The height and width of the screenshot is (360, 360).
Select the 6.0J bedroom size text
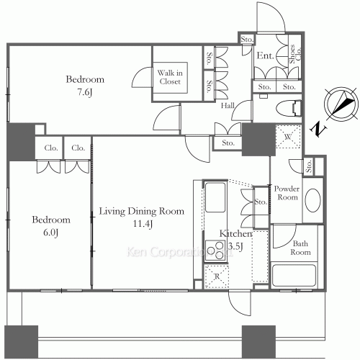(50, 232)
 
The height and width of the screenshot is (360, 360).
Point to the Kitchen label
(235, 235)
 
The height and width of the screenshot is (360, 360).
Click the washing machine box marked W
(287, 137)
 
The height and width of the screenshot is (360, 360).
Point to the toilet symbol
(290, 109)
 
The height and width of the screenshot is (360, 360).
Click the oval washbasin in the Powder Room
(313, 199)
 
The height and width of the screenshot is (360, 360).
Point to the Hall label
(228, 106)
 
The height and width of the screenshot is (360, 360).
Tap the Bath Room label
(300, 248)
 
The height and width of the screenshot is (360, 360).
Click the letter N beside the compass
(318, 129)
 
